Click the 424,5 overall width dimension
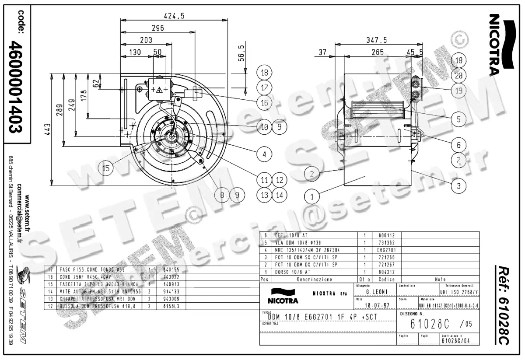[174, 16]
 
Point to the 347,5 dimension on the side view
[377, 40]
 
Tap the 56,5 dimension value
[240, 52]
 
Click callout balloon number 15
[105, 167]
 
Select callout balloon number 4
[264, 154]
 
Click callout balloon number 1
[312, 197]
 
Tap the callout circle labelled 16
[264, 103]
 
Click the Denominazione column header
[314, 279]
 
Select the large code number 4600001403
[17, 87]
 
